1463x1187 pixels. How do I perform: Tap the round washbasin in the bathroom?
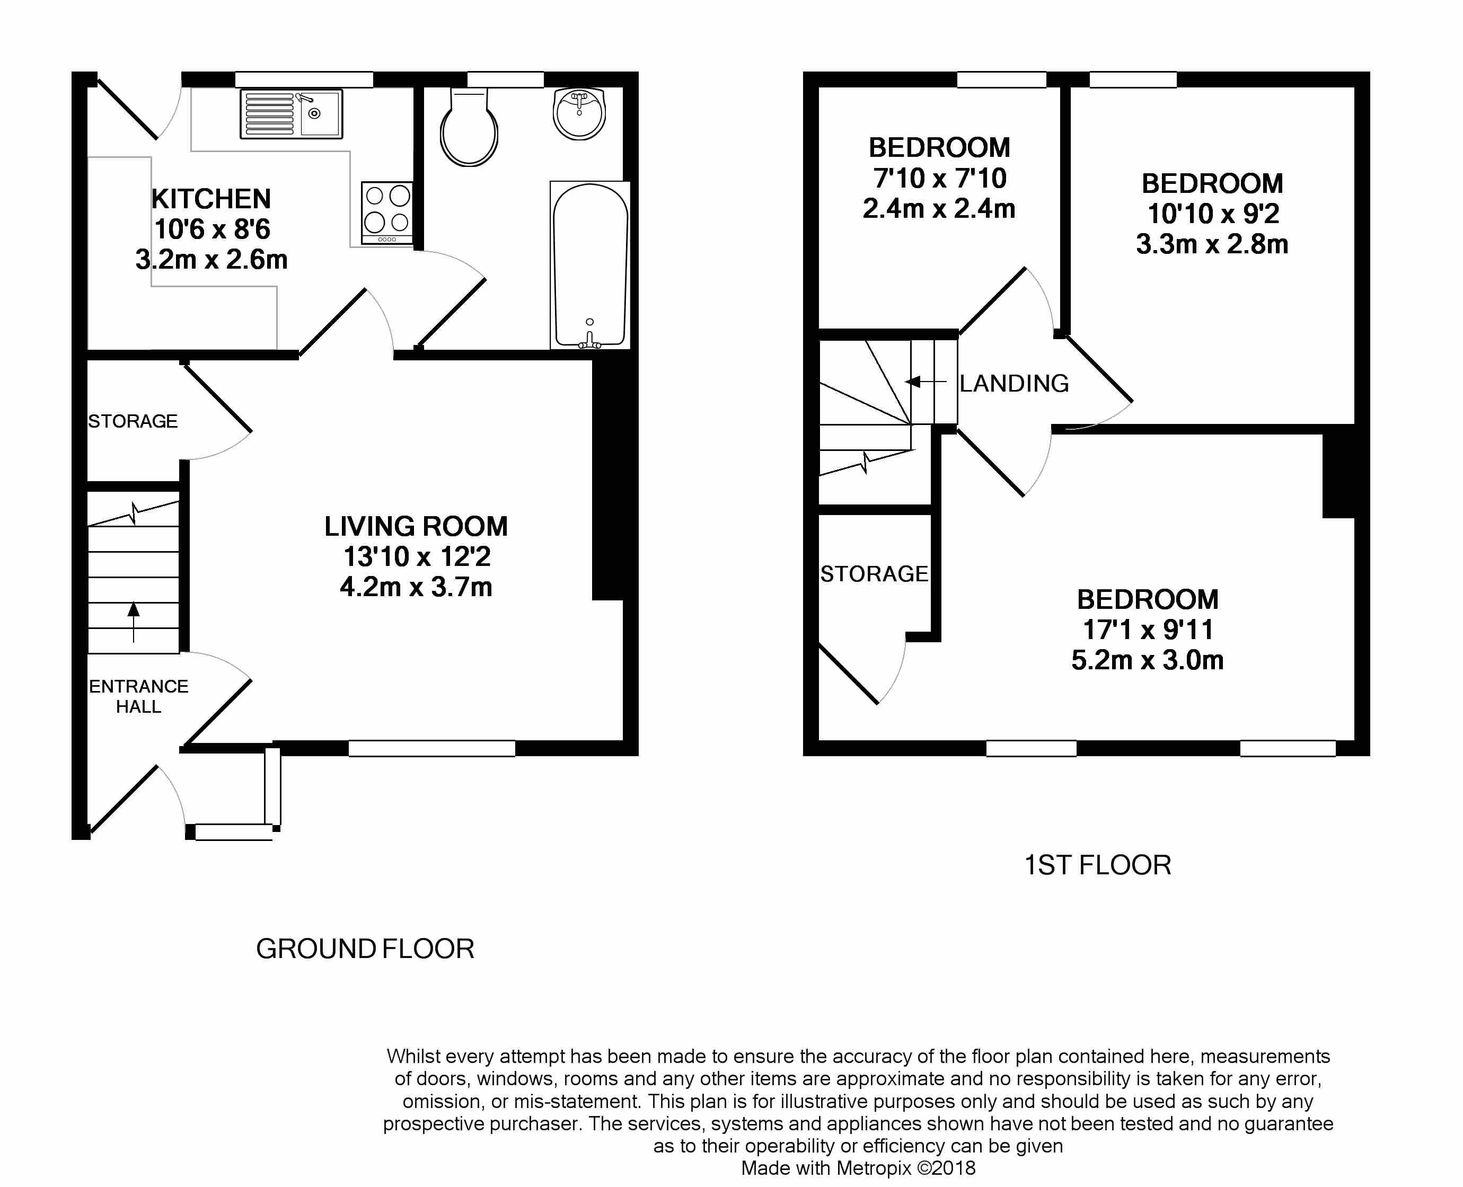579,113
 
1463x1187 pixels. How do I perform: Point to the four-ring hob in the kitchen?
387,212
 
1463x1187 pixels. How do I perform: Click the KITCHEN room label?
211,199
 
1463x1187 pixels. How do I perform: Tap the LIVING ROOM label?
416,527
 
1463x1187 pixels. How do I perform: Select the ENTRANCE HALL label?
139,696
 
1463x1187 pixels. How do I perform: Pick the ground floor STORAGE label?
133,421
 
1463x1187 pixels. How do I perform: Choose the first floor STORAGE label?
874,574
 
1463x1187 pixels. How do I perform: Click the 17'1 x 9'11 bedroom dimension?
1148,630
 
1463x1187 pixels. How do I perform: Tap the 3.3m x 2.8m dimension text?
1212,244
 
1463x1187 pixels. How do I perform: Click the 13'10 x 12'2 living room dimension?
417,556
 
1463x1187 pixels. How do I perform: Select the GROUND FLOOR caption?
365,949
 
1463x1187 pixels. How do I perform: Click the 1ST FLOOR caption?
1098,866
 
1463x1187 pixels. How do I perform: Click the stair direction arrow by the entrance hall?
134,622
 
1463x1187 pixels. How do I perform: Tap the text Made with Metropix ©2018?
858,1168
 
